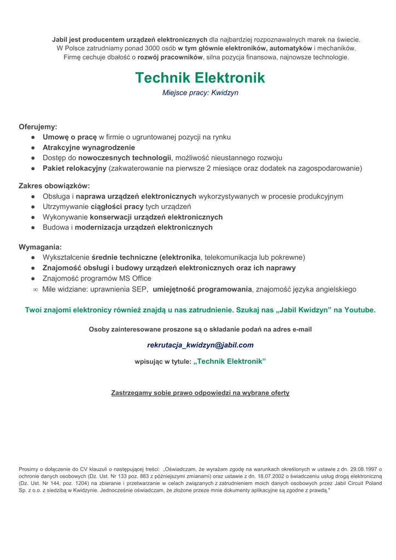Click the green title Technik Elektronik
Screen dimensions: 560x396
[x=200, y=78]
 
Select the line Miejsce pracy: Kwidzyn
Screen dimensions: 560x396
[x=200, y=93]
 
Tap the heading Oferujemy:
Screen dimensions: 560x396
[x=38, y=127]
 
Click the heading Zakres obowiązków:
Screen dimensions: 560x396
[x=54, y=186]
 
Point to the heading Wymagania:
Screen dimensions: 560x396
[x=40, y=247]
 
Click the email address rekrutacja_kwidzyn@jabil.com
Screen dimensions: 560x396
[x=200, y=345]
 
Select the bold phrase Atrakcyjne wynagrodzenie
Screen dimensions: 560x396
[x=89, y=148]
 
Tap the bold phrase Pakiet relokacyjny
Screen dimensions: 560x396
[x=74, y=168]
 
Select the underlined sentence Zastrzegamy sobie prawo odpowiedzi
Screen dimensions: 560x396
[x=200, y=393]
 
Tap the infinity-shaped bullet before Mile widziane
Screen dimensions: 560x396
[x=36, y=289]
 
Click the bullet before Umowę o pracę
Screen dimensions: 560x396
[x=33, y=137]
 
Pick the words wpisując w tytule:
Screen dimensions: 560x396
[x=163, y=361]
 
